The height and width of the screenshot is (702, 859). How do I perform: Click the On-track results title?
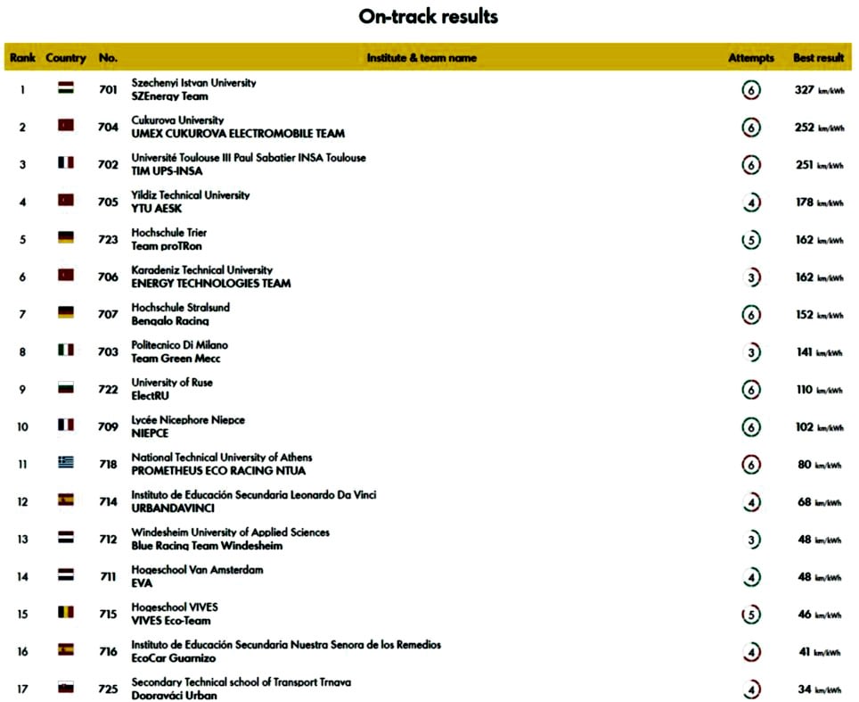pos(429,17)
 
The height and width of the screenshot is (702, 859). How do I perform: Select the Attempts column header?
pos(751,58)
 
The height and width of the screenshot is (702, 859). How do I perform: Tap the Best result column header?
pos(818,58)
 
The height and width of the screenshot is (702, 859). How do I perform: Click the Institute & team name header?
pos(421,58)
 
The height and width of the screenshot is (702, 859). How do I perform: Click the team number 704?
pos(108,128)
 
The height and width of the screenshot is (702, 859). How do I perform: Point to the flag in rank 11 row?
pos(66,463)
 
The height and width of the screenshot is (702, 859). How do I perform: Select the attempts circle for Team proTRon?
pos(751,240)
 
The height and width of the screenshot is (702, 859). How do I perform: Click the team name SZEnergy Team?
pos(169,96)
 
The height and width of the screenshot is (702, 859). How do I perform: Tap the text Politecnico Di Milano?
pos(179,345)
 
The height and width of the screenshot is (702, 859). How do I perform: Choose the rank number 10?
pos(23,427)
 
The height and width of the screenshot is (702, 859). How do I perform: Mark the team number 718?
pos(108,465)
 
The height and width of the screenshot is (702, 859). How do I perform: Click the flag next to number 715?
pos(66,613)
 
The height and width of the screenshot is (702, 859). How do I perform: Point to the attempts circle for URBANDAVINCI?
pos(751,502)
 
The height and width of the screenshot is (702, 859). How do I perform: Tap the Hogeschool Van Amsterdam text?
pos(197,570)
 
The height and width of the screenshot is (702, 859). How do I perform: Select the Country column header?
pos(66,58)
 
